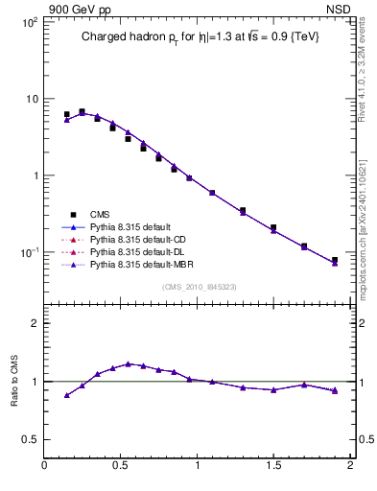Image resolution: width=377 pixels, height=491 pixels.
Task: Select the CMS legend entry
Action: point(101,215)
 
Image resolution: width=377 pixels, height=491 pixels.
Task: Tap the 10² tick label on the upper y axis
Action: point(29,22)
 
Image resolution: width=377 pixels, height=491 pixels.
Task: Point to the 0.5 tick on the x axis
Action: point(121,466)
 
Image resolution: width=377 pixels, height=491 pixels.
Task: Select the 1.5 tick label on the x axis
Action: point(273,466)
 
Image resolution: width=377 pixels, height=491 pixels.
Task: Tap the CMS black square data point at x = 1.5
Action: point(273,227)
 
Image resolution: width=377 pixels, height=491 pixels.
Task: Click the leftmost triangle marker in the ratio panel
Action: point(66,395)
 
